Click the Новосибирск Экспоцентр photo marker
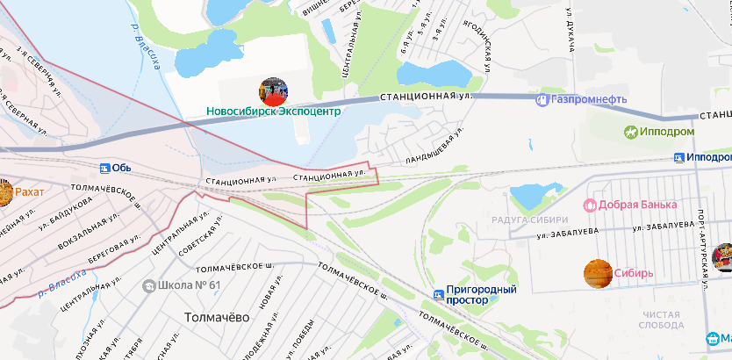[273, 91]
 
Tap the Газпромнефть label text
[589, 100]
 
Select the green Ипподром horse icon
[630, 132]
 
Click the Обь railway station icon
[104, 168]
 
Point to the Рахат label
[29, 191]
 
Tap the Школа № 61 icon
[149, 285]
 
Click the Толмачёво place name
[218, 316]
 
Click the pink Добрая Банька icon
[590, 205]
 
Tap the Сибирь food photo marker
[598, 273]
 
